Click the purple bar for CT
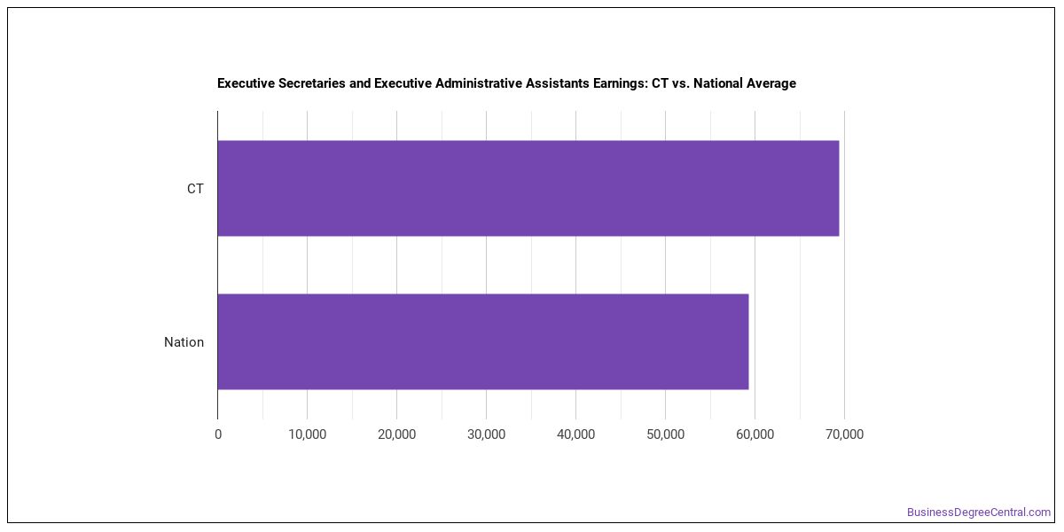(528, 188)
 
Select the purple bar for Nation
(483, 341)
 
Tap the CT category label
(195, 189)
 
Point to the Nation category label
(184, 342)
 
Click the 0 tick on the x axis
(218, 434)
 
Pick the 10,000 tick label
(308, 434)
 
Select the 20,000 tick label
(396, 434)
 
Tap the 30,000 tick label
(487, 434)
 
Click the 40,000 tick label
(575, 434)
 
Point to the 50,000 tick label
(666, 434)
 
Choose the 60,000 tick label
(755, 434)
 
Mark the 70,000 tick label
(844, 434)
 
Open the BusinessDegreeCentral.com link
(979, 512)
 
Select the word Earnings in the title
(620, 83)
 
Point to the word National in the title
(717, 83)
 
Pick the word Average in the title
(771, 83)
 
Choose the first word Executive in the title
(246, 83)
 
